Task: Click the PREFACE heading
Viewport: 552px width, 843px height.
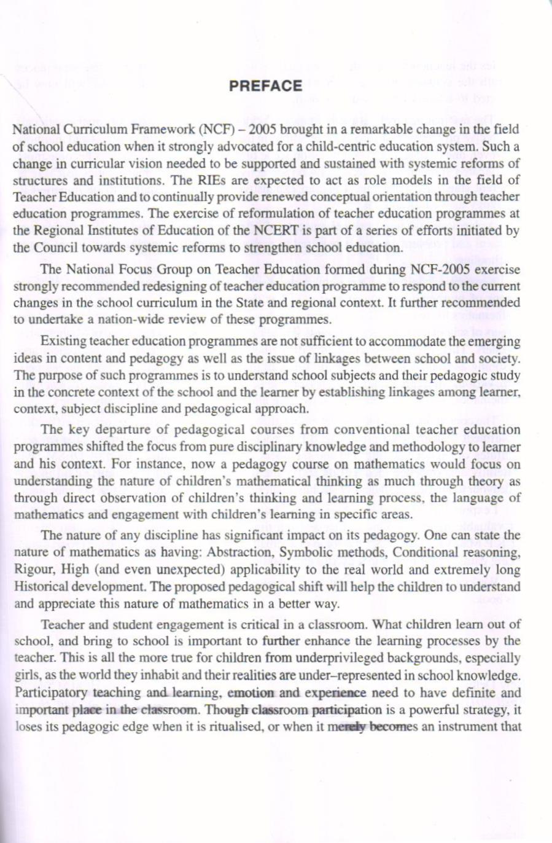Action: click(265, 86)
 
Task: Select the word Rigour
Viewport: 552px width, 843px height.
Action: click(32, 570)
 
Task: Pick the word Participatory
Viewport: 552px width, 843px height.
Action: click(51, 692)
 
